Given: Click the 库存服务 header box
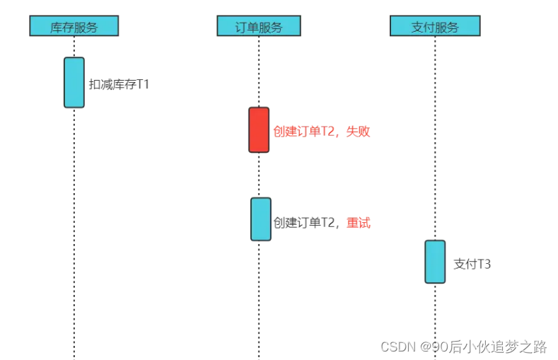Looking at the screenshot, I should [x=74, y=26].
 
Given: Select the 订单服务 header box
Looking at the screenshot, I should [x=258, y=26].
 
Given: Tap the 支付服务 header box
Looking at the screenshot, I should [x=434, y=26].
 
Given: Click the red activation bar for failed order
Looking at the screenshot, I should [x=259, y=129].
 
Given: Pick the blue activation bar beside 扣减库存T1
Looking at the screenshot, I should [x=74, y=82].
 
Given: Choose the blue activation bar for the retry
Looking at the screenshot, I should [x=260, y=219].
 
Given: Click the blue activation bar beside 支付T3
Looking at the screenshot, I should [x=435, y=262].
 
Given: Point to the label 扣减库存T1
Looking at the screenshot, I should [x=119, y=84].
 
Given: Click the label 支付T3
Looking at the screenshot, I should [x=472, y=265].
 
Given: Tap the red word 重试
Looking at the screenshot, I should [x=359, y=223].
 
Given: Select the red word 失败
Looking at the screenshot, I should [x=359, y=131].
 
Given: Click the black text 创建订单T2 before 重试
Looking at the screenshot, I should [x=303, y=223].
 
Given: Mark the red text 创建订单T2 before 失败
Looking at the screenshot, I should [x=303, y=131].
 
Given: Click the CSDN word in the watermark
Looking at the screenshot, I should [x=397, y=347].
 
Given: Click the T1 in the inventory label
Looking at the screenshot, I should [x=143, y=84].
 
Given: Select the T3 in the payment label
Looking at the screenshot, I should [x=484, y=265].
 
